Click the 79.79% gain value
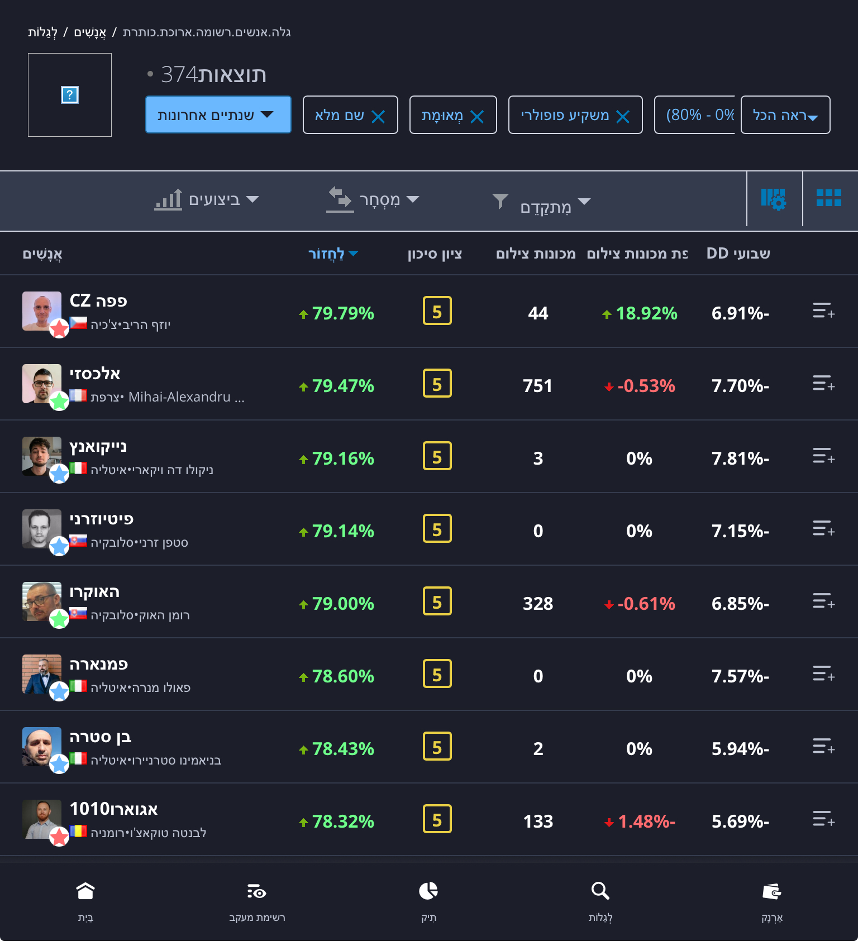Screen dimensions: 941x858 [x=342, y=313]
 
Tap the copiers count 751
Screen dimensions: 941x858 [x=537, y=386]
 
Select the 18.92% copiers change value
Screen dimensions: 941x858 [x=646, y=313]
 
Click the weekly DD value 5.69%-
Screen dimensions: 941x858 [x=740, y=821]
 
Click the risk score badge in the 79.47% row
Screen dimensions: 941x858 [x=437, y=384]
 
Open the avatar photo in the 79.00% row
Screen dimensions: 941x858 [x=42, y=601]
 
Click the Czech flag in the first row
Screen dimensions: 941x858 [x=78, y=323]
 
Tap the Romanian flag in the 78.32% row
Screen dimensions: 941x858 [x=78, y=831]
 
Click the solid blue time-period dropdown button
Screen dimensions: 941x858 [x=218, y=114]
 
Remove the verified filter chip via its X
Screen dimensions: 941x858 [x=477, y=116]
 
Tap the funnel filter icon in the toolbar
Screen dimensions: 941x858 [x=500, y=200]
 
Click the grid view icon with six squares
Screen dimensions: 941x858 [x=828, y=198]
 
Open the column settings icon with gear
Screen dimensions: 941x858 [x=774, y=199]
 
